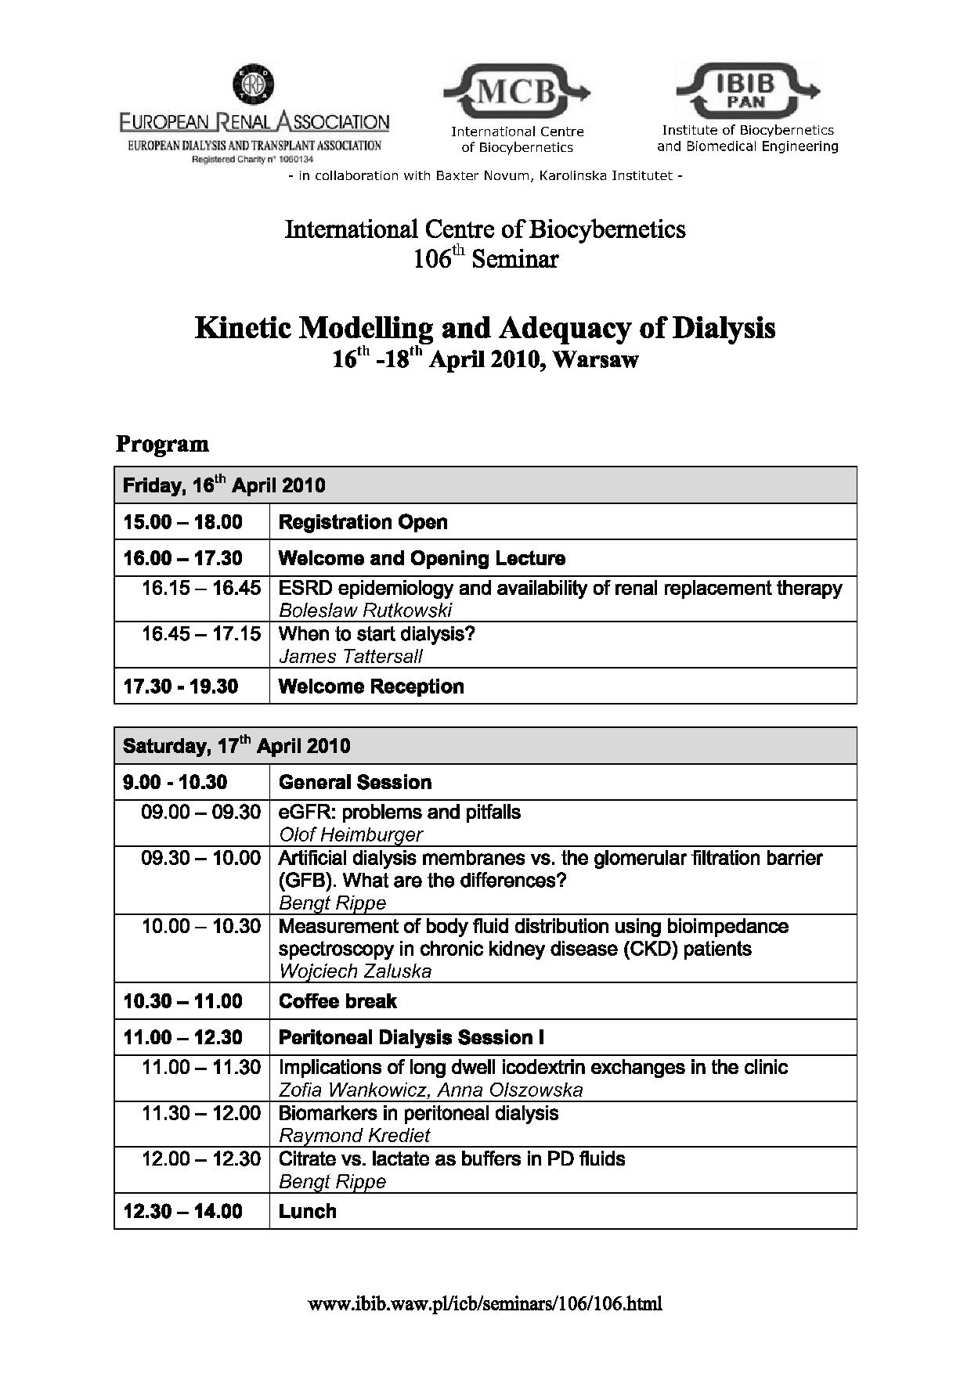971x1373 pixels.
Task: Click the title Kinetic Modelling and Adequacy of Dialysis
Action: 485,328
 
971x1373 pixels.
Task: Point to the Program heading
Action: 162,444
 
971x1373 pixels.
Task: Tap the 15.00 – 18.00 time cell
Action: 183,522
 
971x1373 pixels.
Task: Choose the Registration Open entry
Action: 363,522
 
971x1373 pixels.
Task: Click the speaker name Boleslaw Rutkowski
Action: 366,611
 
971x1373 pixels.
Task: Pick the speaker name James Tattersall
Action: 351,656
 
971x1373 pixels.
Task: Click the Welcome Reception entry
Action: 371,686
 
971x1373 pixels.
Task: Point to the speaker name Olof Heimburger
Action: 351,834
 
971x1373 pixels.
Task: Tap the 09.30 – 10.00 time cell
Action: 200,859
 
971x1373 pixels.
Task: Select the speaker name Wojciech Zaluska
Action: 355,971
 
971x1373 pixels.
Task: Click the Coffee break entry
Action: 338,1001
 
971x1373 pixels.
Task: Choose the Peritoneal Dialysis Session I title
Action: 411,1037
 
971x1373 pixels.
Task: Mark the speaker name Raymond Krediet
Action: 355,1135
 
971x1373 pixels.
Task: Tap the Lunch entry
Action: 308,1211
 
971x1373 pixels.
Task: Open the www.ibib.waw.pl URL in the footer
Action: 485,1304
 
